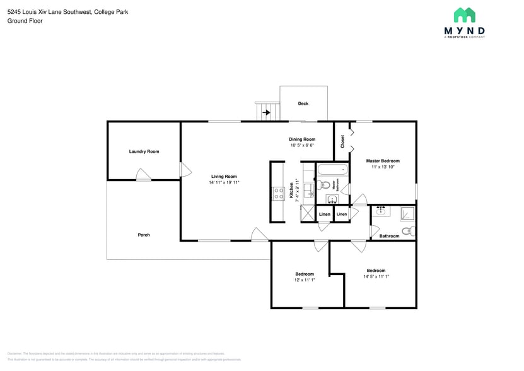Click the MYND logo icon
465,15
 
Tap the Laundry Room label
144,151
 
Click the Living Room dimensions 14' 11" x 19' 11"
224,182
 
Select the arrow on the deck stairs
266,113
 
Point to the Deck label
303,103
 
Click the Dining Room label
302,139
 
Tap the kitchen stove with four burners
277,194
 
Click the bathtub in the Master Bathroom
332,170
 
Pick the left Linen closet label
324,215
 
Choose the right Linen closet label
342,215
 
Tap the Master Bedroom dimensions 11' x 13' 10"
383,167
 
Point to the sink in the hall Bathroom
380,212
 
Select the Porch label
144,235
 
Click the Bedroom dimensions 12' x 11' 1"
305,280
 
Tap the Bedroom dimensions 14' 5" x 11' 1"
376,276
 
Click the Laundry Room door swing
143,175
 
